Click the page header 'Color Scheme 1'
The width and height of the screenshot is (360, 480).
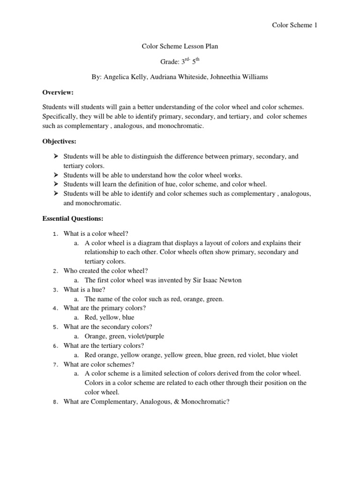click(294, 25)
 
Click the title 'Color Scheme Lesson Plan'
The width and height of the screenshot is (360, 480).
click(180, 46)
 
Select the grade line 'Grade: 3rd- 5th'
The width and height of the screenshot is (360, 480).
click(180, 62)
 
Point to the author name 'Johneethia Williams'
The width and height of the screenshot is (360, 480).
click(240, 77)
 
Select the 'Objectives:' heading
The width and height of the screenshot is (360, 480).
click(60, 141)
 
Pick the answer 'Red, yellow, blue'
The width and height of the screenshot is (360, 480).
click(109, 317)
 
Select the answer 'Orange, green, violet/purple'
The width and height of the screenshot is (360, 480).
click(124, 336)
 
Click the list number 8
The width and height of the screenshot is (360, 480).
click(55, 402)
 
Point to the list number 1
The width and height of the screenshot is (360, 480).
click(55, 233)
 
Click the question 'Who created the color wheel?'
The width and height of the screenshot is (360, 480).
click(105, 270)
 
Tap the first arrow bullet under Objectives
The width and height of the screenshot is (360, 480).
click(55, 157)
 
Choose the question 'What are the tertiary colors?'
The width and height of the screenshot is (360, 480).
click(104, 345)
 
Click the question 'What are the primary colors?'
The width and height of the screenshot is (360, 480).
click(105, 308)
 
